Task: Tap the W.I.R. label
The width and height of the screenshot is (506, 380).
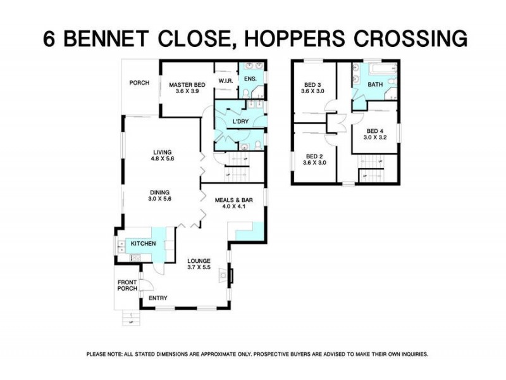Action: click(226, 81)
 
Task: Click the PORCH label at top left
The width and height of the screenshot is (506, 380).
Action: click(139, 82)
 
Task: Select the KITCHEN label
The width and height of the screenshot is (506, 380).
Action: click(143, 243)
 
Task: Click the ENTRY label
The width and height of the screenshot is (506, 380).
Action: click(157, 297)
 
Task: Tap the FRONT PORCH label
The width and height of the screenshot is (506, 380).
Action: click(127, 285)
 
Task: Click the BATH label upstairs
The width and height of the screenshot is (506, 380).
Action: click(375, 85)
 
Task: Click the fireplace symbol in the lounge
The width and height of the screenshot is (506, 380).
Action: click(223, 275)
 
